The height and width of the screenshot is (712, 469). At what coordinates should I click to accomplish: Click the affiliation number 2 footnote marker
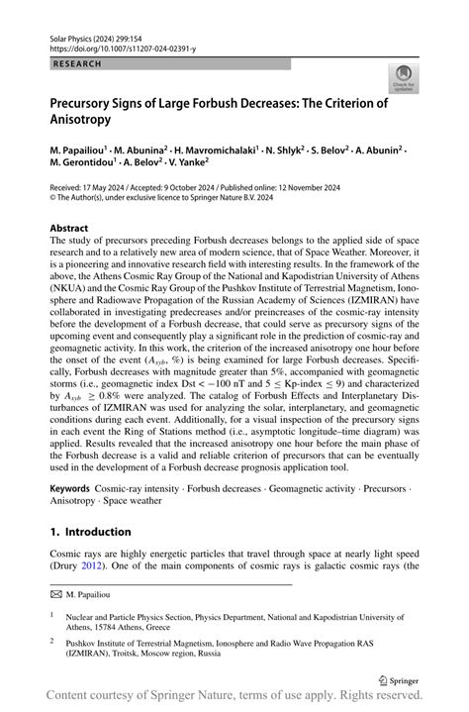coord(53,641)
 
